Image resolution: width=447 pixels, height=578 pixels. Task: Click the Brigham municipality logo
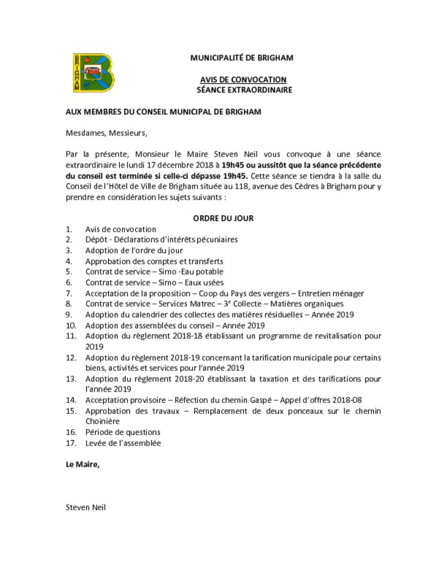pos(93,73)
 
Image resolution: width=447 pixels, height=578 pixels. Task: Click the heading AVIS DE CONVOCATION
pos(243,80)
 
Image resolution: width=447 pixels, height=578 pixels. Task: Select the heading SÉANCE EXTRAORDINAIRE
pos(244,90)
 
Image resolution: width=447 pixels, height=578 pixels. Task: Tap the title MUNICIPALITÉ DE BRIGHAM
pos(241,58)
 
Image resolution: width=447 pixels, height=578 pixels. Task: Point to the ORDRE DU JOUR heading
pos(223,218)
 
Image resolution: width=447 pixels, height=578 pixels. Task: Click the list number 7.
pos(69,294)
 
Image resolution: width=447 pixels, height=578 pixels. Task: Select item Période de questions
pos(123,432)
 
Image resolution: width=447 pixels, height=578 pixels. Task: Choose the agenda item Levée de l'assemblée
pos(123,443)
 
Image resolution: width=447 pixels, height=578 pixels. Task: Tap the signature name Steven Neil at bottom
pos(85,507)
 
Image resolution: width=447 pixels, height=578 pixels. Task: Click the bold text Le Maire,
pos(83,465)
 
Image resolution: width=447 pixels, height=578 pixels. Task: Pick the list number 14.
pos(71,400)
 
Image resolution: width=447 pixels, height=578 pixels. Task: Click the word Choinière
pos(102,421)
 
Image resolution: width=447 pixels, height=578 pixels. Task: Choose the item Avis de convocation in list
pos(120,229)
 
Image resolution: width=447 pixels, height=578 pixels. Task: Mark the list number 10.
pos(71,326)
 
